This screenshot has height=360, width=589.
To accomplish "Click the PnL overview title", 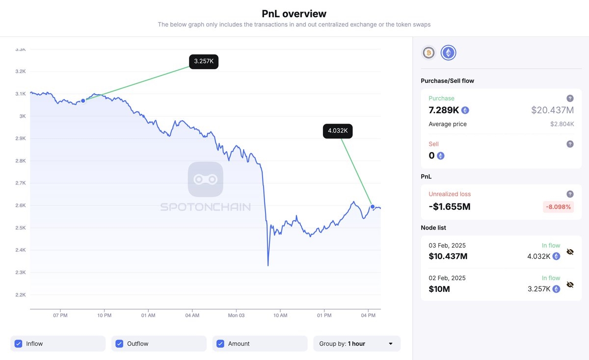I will [294, 14].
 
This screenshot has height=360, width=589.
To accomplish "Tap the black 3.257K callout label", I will [204, 61].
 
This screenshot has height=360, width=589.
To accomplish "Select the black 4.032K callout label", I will [338, 131].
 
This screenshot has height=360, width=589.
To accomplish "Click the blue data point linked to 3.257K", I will [83, 101].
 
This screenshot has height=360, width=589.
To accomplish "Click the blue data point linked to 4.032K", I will [373, 206].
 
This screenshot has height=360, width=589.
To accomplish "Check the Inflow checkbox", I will [19, 344].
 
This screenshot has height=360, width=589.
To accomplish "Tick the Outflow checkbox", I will [119, 344].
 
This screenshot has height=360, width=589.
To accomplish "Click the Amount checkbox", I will [220, 344].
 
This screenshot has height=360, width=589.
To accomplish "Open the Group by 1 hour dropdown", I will [357, 344].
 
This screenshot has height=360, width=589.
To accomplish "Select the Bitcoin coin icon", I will [428, 52].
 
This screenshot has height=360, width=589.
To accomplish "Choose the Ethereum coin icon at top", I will [448, 52].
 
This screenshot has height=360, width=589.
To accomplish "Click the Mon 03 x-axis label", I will [236, 315].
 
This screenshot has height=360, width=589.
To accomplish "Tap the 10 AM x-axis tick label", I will [280, 315].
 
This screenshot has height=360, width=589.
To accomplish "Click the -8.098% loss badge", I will [559, 207].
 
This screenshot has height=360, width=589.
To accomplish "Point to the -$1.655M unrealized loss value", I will [450, 206].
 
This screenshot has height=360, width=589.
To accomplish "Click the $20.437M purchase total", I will [552, 110].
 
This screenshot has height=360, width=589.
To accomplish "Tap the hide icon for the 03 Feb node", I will [570, 252].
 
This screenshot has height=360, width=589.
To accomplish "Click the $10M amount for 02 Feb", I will [439, 289].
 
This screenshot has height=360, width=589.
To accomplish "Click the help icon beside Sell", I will [570, 144].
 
